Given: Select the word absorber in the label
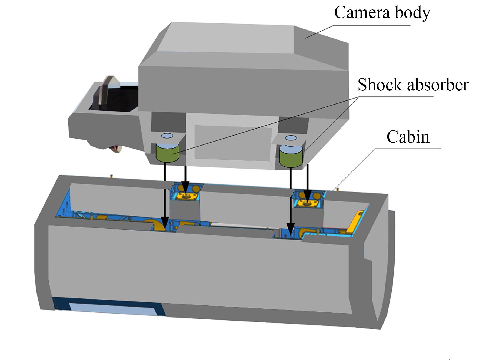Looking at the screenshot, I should (x=438, y=85).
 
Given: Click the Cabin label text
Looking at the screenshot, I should (x=408, y=137).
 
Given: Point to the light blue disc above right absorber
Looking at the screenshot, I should (x=291, y=138).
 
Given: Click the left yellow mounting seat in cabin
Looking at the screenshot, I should (x=186, y=196).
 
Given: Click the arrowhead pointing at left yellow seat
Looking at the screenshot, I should (x=185, y=191).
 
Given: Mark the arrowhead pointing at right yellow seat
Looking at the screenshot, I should (x=307, y=197).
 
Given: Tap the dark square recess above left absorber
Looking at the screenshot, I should (x=168, y=122).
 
